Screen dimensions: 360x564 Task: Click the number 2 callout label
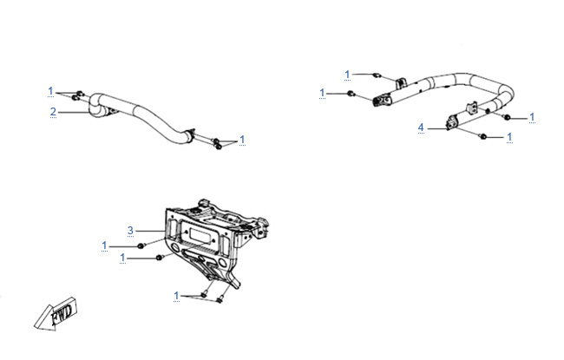point(53,111)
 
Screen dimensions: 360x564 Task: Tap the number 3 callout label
point(130,230)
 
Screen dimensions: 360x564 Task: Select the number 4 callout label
point(421,128)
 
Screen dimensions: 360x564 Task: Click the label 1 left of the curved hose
point(51,91)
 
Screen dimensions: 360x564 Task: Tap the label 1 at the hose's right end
point(242,139)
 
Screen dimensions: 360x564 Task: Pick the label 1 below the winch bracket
point(176,295)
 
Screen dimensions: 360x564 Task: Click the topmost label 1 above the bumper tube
point(347,74)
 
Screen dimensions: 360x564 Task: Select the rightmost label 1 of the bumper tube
point(532,117)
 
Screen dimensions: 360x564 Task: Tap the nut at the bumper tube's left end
point(349,93)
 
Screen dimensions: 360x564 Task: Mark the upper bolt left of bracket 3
point(141,247)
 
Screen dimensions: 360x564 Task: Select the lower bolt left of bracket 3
point(158,258)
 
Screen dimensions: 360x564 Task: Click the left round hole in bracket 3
point(184,252)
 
